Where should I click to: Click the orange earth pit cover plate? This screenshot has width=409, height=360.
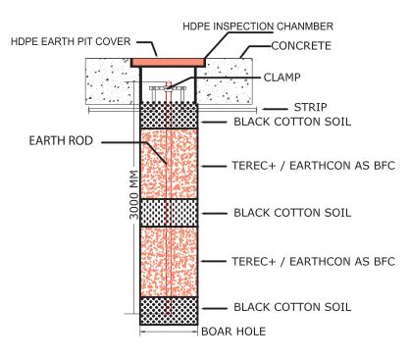[170, 62]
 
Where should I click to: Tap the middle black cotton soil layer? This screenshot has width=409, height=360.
[170, 212]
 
